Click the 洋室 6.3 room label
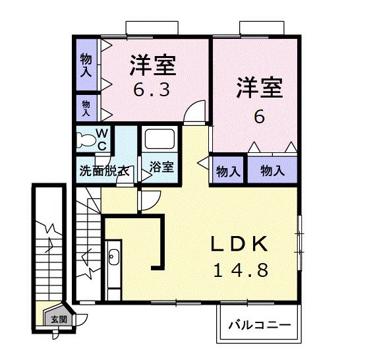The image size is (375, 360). point(152,75)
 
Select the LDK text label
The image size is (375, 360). point(239,244)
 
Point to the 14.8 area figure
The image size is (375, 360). point(240,270)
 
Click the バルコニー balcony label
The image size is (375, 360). point(259,325)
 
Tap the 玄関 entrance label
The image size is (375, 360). point(59,319)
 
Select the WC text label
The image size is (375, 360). point(103,139)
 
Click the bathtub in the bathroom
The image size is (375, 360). point(159,140)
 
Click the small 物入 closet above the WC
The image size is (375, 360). point(86,107)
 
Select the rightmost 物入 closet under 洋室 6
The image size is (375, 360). point(272,171)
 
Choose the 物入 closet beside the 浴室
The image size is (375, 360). point(227,171)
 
